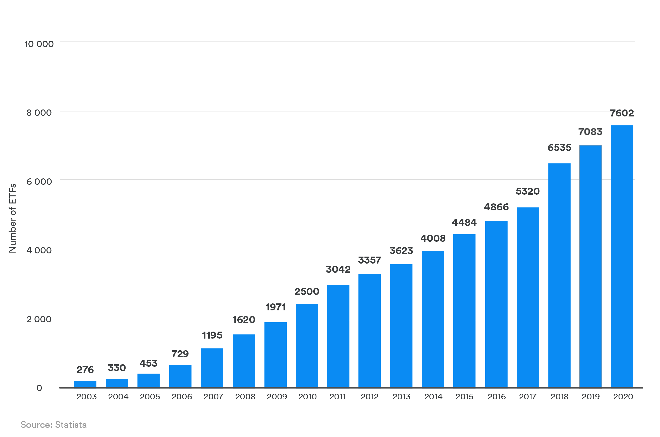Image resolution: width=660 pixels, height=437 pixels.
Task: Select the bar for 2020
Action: click(x=622, y=256)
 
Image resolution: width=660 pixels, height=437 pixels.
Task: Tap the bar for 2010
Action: click(x=307, y=345)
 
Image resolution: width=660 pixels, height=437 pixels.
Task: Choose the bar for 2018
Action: click(x=559, y=275)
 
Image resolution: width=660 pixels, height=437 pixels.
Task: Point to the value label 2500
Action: click(x=307, y=291)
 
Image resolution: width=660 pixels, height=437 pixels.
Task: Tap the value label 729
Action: click(x=180, y=354)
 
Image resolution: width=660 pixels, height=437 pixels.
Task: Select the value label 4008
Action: click(x=433, y=238)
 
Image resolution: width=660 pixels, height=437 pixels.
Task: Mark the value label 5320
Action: click(x=527, y=191)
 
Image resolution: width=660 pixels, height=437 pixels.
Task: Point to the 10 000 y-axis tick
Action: click(x=39, y=44)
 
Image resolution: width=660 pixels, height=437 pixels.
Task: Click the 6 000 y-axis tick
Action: click(x=39, y=182)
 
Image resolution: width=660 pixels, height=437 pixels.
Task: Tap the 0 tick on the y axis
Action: click(x=39, y=388)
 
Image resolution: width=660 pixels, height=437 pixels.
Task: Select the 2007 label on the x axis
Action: click(x=213, y=397)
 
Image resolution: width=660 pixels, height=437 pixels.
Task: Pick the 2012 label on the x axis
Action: click(x=369, y=397)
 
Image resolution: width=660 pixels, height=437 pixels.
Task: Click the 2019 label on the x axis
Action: click(x=590, y=397)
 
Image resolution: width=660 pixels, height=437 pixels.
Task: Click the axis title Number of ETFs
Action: click(x=13, y=218)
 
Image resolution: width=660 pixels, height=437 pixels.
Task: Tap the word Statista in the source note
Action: click(x=71, y=425)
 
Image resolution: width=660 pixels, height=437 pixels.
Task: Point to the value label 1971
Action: click(x=275, y=307)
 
